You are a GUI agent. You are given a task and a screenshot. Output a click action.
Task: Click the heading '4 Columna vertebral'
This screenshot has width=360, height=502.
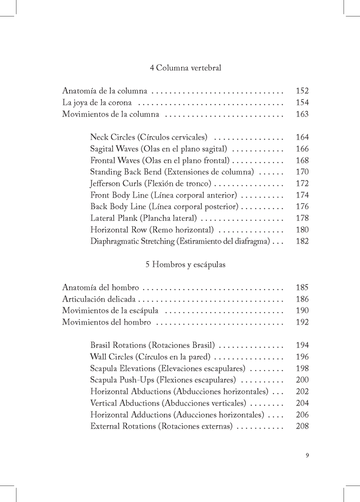[185, 68]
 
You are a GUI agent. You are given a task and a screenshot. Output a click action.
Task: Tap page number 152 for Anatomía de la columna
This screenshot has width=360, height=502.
[302, 91]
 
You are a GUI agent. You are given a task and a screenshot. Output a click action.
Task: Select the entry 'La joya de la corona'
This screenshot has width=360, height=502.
[97, 103]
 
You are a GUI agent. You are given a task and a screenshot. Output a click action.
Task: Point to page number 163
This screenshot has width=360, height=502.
[302, 114]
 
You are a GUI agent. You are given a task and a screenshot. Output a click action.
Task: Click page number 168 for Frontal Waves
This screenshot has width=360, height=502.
[302, 161]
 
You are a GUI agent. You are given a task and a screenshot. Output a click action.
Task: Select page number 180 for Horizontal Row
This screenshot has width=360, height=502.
[302, 230]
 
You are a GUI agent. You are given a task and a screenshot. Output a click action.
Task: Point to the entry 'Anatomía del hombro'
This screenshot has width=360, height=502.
[101, 288]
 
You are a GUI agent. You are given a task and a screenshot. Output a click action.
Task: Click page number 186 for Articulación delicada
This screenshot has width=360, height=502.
[302, 299]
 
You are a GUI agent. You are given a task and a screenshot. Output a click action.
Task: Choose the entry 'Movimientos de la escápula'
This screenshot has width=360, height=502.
[110, 311]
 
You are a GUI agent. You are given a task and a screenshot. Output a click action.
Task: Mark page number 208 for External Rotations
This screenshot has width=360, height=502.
[302, 426]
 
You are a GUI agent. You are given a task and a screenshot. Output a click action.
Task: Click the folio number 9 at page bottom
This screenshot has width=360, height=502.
[307, 455]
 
